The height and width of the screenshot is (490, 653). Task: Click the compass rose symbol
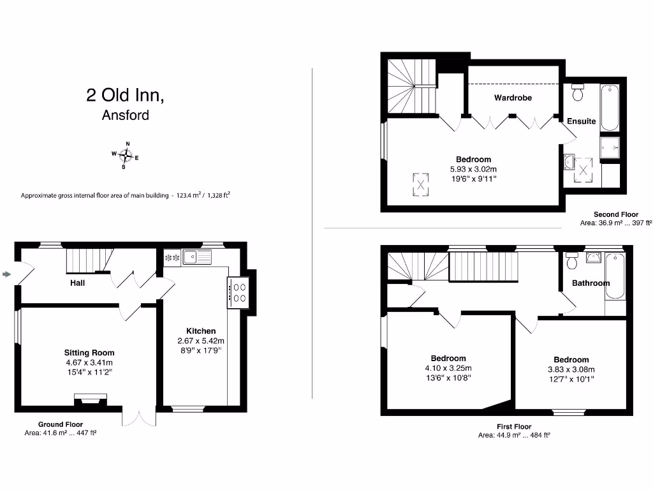tap(126, 155)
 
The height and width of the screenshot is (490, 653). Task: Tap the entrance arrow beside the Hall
tap(7, 274)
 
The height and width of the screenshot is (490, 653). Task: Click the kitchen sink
tap(196, 257)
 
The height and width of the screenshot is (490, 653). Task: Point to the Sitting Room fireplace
tap(88, 399)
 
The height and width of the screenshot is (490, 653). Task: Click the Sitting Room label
tap(89, 352)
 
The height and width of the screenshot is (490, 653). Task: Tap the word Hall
tap(78, 283)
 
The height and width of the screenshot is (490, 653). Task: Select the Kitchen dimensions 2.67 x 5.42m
tap(201, 341)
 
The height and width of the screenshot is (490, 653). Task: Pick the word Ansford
tap(126, 115)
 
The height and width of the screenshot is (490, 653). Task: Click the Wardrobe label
tap(513, 98)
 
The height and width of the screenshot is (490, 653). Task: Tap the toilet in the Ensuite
tap(578, 93)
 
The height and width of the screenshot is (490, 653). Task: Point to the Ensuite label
tap(581, 121)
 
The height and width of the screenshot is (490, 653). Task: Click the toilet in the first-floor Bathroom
tap(571, 261)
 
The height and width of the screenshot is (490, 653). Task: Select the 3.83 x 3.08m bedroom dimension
tap(571, 369)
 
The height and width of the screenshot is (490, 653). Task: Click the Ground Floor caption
tap(61, 424)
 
